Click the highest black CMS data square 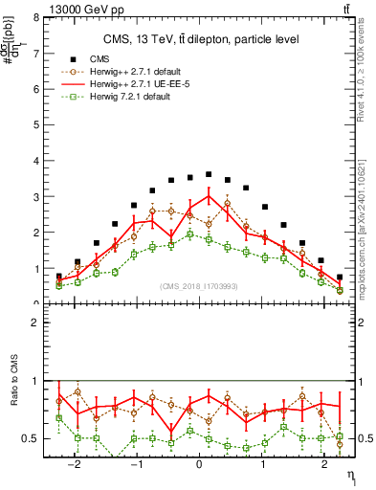point(209,174)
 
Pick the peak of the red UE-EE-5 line point(209,196)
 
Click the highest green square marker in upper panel point(190,234)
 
